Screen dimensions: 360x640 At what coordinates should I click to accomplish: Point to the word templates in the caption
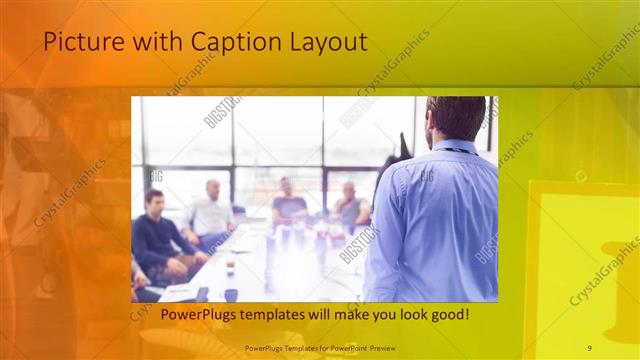point(265,314)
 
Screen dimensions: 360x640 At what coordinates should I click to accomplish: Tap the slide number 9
point(589,347)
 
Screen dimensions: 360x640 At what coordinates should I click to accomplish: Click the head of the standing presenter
point(455,118)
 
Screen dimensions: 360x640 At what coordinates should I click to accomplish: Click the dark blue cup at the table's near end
point(231,295)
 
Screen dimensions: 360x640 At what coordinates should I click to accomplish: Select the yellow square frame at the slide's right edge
point(582,270)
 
